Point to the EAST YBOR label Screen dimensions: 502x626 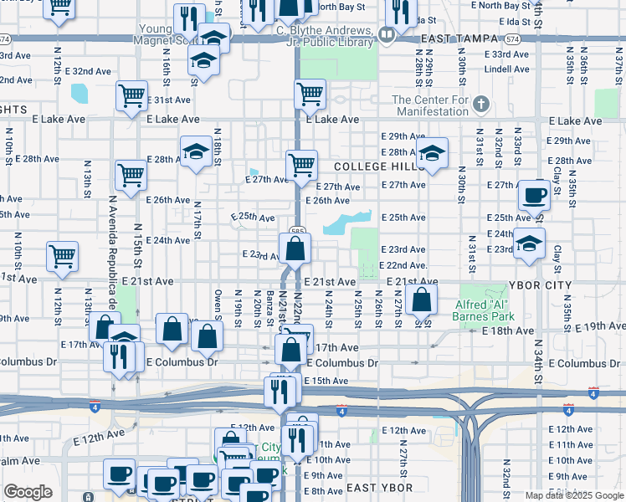pyautogui.click(x=379, y=488)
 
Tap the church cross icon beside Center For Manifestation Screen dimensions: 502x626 pyautogui.click(x=480, y=105)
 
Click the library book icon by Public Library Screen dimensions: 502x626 pyautogui.click(x=386, y=34)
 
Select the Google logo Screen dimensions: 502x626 pyautogui.click(x=28, y=492)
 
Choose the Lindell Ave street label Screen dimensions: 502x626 pyautogui.click(x=507, y=69)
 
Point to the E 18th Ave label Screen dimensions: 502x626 pyautogui.click(x=508, y=331)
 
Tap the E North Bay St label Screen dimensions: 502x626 pyautogui.click(x=340, y=7)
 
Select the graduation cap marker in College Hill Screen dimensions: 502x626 pyautogui.click(x=433, y=153)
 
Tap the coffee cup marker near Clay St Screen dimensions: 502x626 pyautogui.click(x=533, y=196)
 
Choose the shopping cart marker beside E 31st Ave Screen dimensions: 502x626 pyautogui.click(x=132, y=95)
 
